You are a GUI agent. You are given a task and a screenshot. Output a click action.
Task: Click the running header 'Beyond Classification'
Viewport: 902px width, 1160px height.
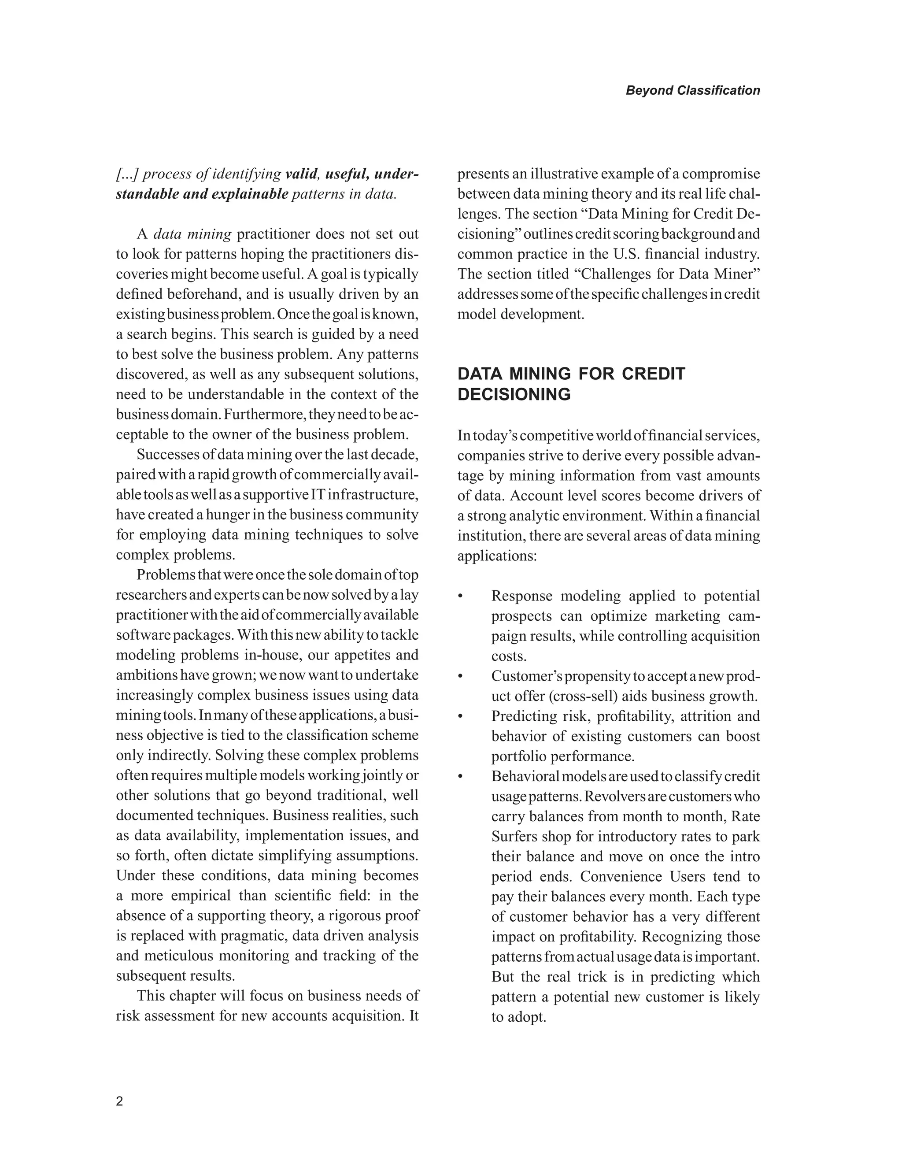[x=692, y=90]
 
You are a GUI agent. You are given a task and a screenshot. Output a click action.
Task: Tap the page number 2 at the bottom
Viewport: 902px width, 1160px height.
[x=119, y=1101]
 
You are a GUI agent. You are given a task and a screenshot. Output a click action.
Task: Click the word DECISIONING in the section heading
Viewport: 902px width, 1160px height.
[x=514, y=395]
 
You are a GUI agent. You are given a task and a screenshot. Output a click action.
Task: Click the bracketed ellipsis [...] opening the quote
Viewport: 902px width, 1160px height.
[x=127, y=174]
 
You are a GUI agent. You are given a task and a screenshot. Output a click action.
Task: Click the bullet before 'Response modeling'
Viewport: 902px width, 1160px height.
[x=461, y=597]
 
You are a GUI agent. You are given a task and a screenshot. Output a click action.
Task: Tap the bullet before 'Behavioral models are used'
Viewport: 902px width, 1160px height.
[x=461, y=777]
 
